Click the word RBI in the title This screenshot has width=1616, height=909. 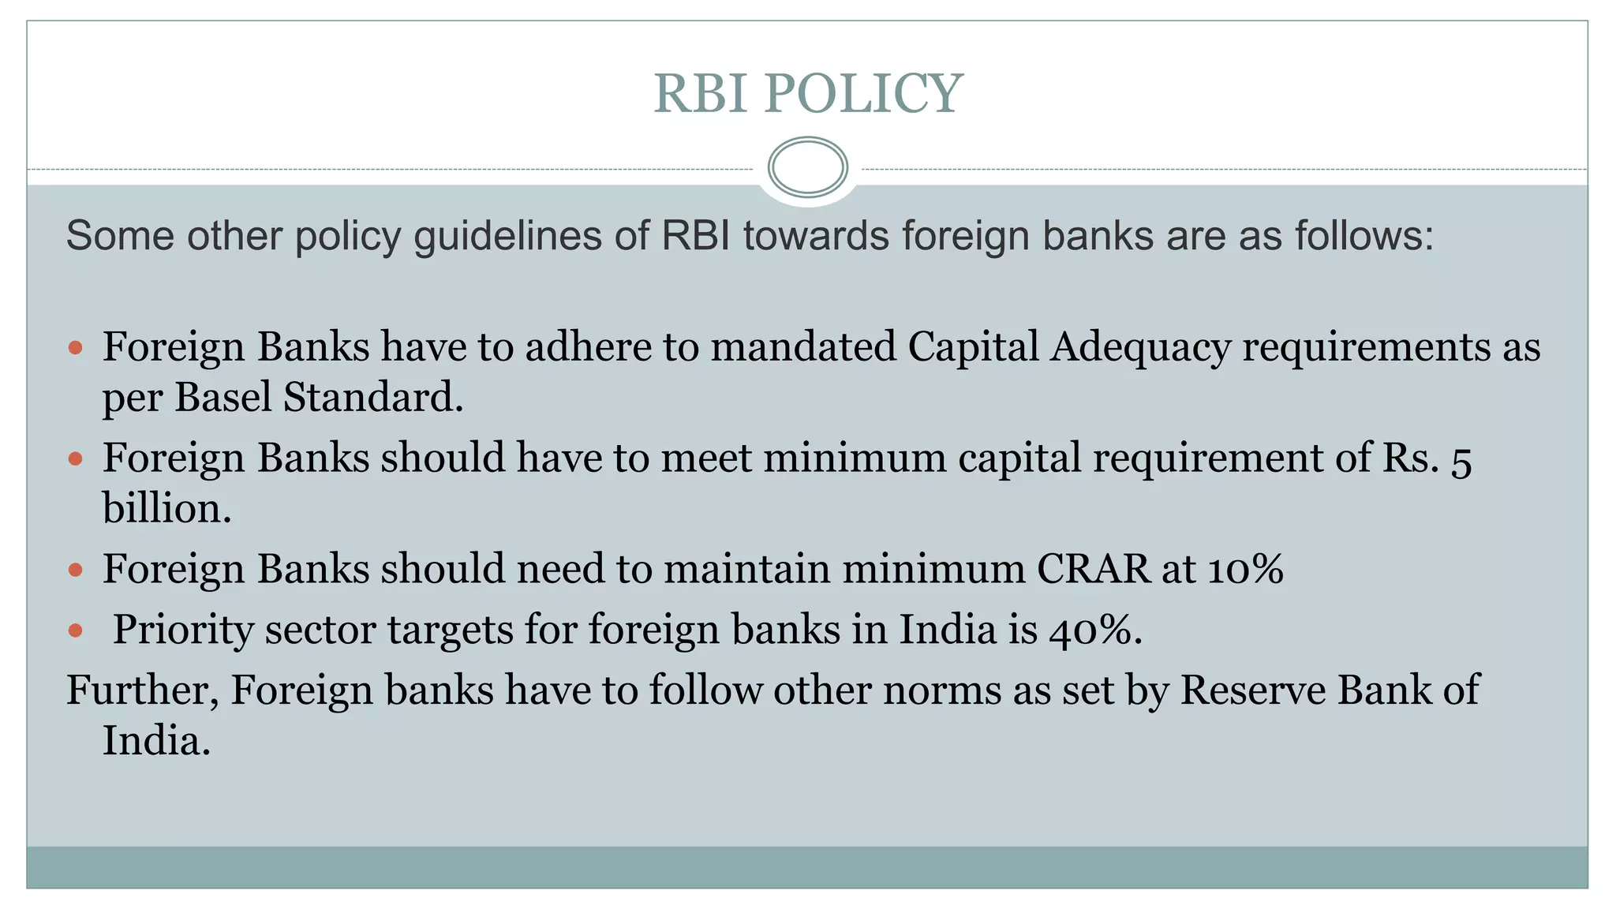[700, 93]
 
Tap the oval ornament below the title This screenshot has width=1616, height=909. [807, 167]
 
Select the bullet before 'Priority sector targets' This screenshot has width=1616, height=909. [76, 630]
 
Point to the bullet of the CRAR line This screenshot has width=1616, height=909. [76, 569]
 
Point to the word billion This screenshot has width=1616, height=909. [166, 508]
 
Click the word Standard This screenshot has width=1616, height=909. [372, 397]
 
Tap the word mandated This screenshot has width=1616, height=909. [803, 347]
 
